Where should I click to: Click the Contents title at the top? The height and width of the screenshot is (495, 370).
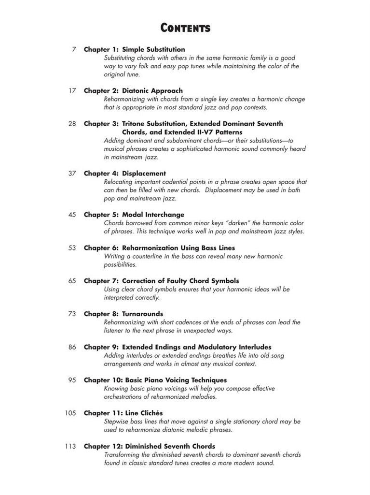coord(185,29)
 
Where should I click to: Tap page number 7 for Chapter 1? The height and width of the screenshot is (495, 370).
coord(74,49)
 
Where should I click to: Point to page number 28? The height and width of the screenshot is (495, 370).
coord(72,124)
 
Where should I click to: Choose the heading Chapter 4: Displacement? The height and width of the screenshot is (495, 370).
coord(125,174)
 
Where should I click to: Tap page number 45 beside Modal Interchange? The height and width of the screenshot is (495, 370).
coord(72,215)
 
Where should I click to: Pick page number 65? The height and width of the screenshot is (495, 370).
coord(72,281)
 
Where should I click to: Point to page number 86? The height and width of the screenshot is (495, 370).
coord(72,347)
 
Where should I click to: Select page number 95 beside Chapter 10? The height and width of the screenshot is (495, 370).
coord(72,380)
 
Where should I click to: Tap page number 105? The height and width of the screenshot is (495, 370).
coord(70,413)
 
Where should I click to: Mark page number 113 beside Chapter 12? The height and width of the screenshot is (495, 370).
coord(70,446)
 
